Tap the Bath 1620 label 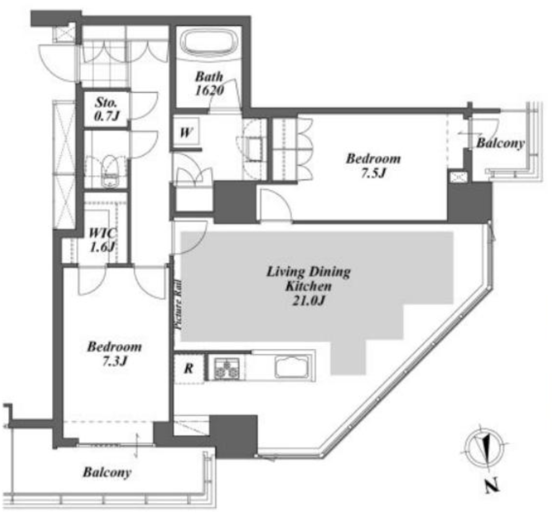click(x=210, y=84)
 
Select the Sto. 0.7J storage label click(x=106, y=109)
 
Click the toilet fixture click(x=110, y=171)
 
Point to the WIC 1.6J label click(x=103, y=240)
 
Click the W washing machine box click(x=186, y=133)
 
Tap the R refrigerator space click(x=189, y=368)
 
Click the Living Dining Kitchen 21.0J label click(x=308, y=286)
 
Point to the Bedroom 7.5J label click(x=373, y=166)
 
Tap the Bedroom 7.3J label click(x=114, y=354)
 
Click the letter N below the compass click(x=492, y=486)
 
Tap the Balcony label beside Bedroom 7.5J click(x=500, y=143)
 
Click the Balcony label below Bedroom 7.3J click(x=107, y=472)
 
